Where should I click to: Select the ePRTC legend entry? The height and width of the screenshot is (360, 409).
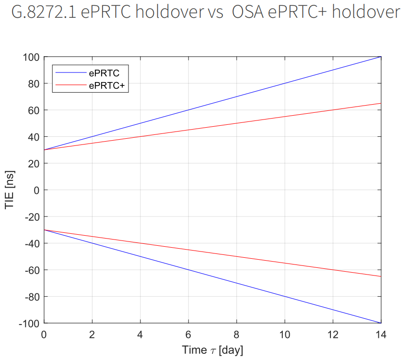[104, 73]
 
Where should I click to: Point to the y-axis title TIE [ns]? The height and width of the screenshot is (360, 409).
[11, 190]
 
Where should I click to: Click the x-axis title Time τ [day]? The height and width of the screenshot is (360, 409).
[212, 350]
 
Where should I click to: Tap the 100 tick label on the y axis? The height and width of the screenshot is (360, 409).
[31, 57]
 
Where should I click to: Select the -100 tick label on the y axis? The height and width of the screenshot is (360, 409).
[29, 323]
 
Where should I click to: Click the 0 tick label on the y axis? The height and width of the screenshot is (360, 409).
[36, 190]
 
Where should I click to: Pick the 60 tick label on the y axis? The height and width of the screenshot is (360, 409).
[34, 110]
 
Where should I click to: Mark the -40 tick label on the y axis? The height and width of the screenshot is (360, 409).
[32, 243]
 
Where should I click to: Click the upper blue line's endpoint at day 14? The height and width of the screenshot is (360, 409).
[381, 57]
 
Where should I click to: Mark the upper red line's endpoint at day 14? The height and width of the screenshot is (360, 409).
[381, 103]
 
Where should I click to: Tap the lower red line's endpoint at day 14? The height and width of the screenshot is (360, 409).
[381, 276]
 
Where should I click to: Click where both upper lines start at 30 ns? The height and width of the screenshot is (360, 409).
[44, 150]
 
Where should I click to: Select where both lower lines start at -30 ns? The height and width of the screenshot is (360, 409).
[44, 230]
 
